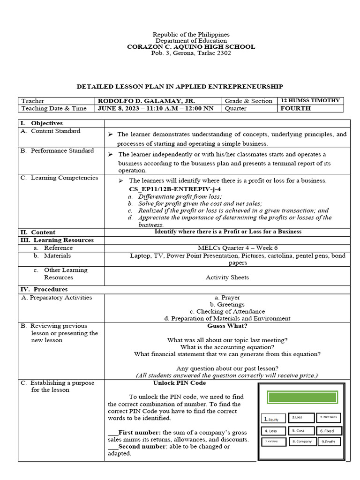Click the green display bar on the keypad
click(302, 397)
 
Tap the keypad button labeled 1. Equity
click(273, 419)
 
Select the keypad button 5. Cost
click(300, 430)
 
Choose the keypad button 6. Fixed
click(329, 430)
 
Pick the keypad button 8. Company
click(300, 442)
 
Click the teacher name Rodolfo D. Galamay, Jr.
click(146, 101)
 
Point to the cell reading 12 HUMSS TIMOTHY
click(311, 101)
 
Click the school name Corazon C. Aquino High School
click(191, 47)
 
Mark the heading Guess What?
click(227, 326)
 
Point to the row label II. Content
click(37, 232)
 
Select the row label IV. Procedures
click(44, 289)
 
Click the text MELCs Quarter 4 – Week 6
click(227, 248)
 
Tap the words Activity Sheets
click(227, 277)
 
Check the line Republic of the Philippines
click(191, 35)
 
